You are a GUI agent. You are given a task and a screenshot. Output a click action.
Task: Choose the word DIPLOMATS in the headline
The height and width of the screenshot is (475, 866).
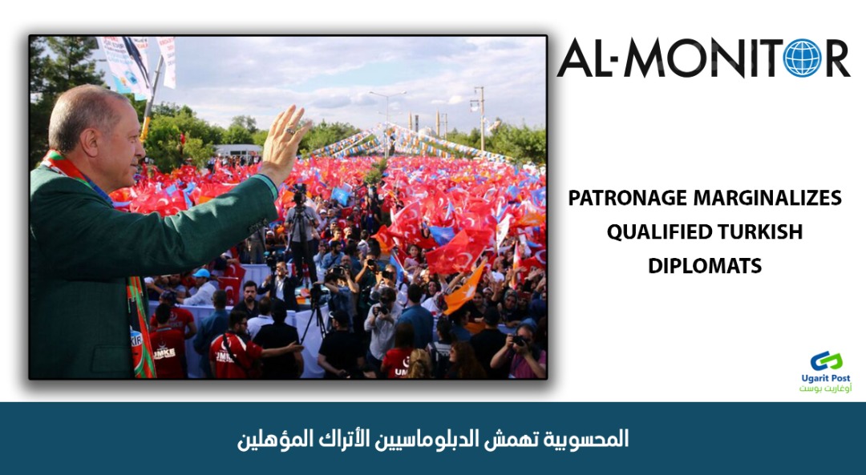tap(705, 266)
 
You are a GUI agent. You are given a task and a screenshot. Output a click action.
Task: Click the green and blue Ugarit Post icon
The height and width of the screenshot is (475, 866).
tap(826, 361)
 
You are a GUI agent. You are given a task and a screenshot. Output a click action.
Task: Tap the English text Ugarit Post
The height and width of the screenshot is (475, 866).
tap(826, 378)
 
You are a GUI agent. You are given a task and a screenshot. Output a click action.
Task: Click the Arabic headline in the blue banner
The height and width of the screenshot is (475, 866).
tap(433, 439)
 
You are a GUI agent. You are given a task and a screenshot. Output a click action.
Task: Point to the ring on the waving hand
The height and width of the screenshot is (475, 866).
tap(290, 131)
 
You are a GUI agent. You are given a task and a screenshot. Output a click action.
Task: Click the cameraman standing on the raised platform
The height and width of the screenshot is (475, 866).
tap(301, 231)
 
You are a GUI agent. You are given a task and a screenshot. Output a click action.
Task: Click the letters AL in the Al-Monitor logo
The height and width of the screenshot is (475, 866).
tap(585, 58)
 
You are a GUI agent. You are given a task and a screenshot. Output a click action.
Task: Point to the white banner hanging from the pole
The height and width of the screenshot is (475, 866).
tap(167, 61)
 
